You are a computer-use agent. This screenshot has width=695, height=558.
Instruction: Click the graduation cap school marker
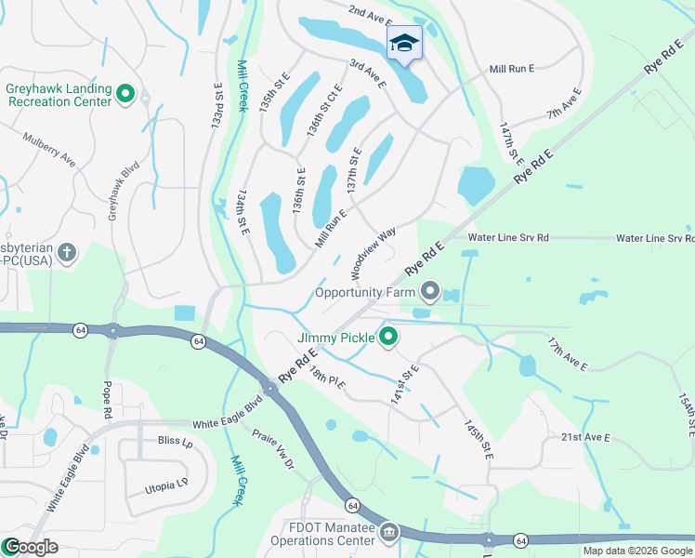404,43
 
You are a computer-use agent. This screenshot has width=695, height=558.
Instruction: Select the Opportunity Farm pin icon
430,292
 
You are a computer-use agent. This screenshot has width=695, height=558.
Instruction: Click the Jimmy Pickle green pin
388,337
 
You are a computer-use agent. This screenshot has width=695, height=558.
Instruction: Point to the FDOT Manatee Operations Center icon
389,534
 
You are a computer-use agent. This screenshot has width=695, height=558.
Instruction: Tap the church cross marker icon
66,252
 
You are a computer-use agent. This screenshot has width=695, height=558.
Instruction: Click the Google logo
30,547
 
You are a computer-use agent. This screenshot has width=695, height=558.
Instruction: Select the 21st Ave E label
585,437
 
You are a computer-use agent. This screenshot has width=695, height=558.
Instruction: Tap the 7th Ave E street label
564,104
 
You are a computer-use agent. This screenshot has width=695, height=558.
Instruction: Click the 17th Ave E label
567,354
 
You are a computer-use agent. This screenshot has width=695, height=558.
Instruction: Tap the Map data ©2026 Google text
636,551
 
